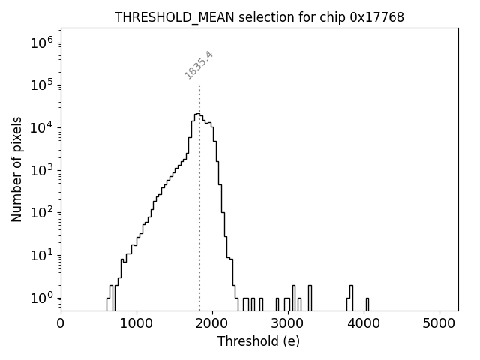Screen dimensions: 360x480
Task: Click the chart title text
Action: tap(259, 17)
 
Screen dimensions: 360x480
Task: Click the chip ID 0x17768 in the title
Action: tap(376, 17)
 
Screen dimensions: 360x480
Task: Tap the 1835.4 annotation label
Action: tap(199, 65)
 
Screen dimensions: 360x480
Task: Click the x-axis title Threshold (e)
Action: tap(259, 341)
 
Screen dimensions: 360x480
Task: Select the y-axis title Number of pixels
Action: tap(16, 169)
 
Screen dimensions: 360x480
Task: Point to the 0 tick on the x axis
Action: tap(61, 323)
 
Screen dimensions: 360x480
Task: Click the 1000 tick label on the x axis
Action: tap(136, 323)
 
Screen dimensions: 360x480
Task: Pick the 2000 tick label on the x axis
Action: tap(212, 323)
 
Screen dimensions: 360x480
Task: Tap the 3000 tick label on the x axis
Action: tap(288, 323)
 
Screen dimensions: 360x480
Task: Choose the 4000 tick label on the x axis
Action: tap(364, 323)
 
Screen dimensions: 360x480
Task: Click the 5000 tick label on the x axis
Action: tap(439, 323)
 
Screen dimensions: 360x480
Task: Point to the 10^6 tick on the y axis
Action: tap(42, 42)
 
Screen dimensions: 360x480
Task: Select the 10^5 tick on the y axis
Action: tap(42, 85)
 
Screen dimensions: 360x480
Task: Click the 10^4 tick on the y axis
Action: tap(42, 127)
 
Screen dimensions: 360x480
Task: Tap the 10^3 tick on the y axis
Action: tap(42, 170)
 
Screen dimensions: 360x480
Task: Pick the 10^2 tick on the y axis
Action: tap(42, 212)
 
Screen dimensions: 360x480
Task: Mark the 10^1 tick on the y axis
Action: tap(42, 255)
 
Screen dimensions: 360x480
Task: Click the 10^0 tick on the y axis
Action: tap(42, 298)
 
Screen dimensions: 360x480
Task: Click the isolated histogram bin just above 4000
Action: tap(367, 304)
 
